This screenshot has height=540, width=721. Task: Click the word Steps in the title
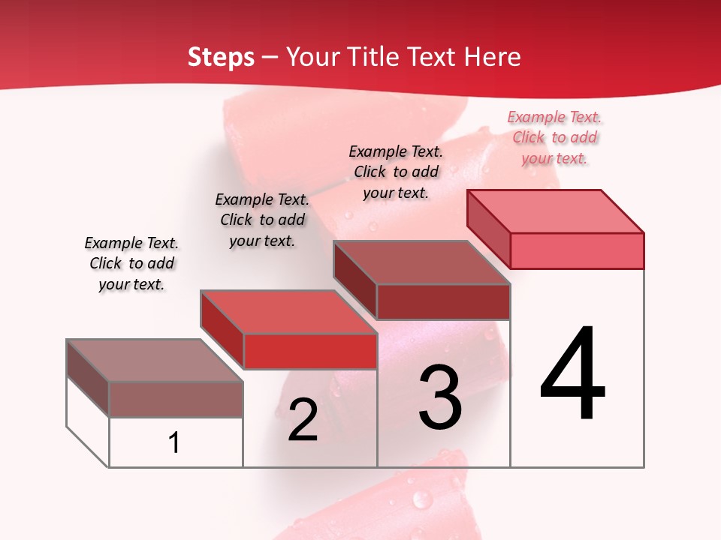pyautogui.click(x=221, y=57)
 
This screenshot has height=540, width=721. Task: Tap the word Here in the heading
pyautogui.click(x=493, y=57)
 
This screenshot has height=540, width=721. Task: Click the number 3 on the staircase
pyautogui.click(x=440, y=397)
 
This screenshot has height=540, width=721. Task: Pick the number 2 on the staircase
pyautogui.click(x=303, y=420)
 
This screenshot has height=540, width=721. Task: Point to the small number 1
pyautogui.click(x=174, y=442)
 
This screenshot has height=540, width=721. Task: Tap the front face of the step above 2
pyautogui.click(x=310, y=351)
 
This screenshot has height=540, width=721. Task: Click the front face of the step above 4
pyautogui.click(x=577, y=250)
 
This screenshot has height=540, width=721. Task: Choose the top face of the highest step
pyautogui.click(x=556, y=211)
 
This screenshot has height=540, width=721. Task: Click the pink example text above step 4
pyautogui.click(x=555, y=137)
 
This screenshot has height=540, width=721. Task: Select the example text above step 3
pyautogui.click(x=396, y=172)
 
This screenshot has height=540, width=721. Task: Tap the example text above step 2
pyautogui.click(x=262, y=220)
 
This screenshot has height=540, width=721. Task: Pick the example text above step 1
pyautogui.click(x=131, y=263)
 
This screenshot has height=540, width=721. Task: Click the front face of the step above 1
pyautogui.click(x=176, y=399)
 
